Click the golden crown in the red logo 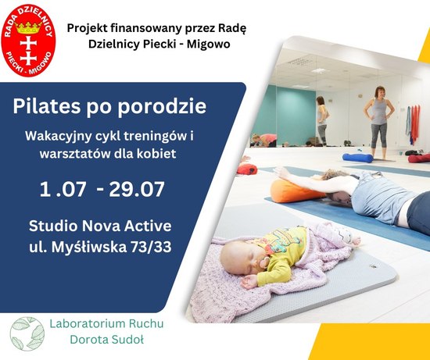coord(28,27)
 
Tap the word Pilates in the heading coord(47,106)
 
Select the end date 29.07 coord(137,189)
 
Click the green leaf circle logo coord(27,334)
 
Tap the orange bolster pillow coord(296,191)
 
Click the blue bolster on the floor coord(357,158)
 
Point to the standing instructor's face coord(380,93)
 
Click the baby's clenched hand coord(249,282)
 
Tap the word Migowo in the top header coord(209,44)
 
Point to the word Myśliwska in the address coord(89,247)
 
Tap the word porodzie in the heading coord(162,106)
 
